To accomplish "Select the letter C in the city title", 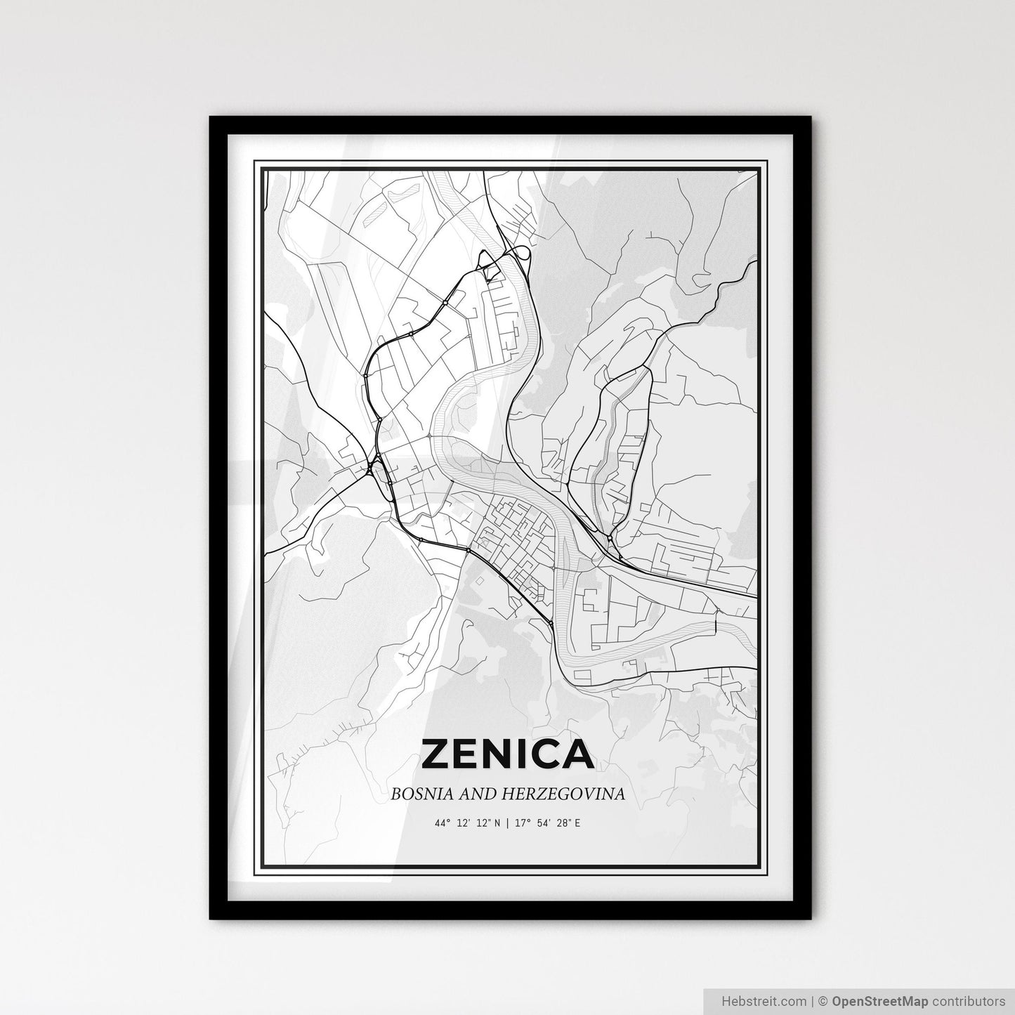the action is pyautogui.click(x=549, y=754).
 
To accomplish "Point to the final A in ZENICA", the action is pyautogui.click(x=578, y=754).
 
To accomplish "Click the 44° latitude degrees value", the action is pyautogui.click(x=442, y=823).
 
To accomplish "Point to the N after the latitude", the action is pyautogui.click(x=497, y=823).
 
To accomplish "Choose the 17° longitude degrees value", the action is pyautogui.click(x=520, y=823).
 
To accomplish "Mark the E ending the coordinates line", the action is pyautogui.click(x=577, y=823).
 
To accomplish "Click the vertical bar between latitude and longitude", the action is pyautogui.click(x=507, y=823).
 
